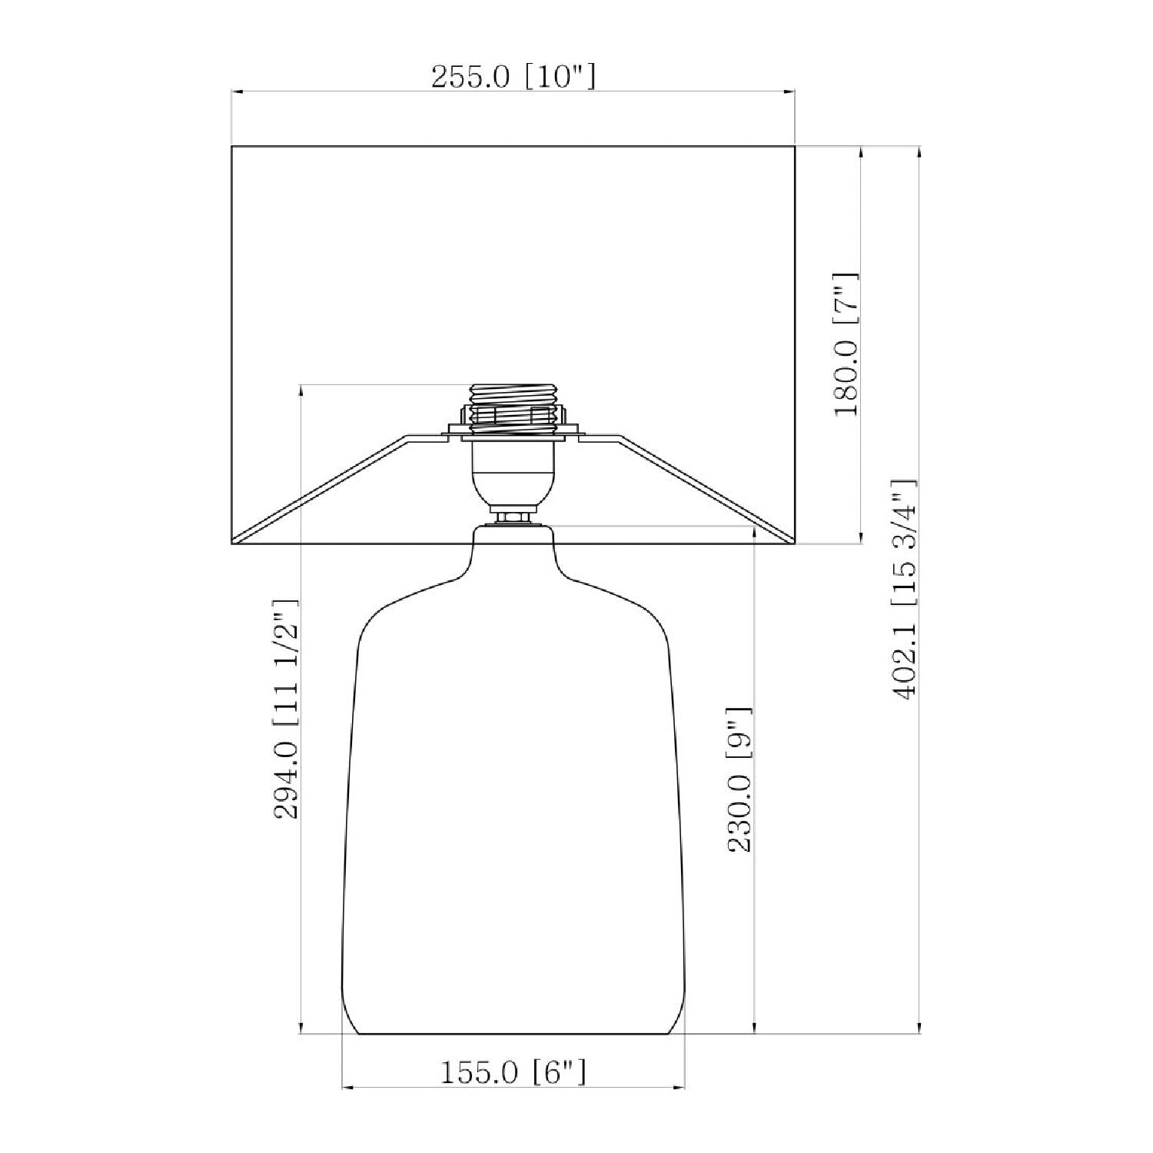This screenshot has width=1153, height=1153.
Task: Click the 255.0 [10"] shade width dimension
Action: pos(513,77)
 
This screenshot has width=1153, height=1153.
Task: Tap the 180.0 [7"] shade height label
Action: pos(846,344)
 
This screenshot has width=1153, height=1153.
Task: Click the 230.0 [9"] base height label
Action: pos(740,779)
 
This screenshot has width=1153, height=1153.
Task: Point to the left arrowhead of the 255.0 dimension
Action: pos(238,92)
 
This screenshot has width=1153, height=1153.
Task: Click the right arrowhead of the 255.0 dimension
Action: pos(788,92)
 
